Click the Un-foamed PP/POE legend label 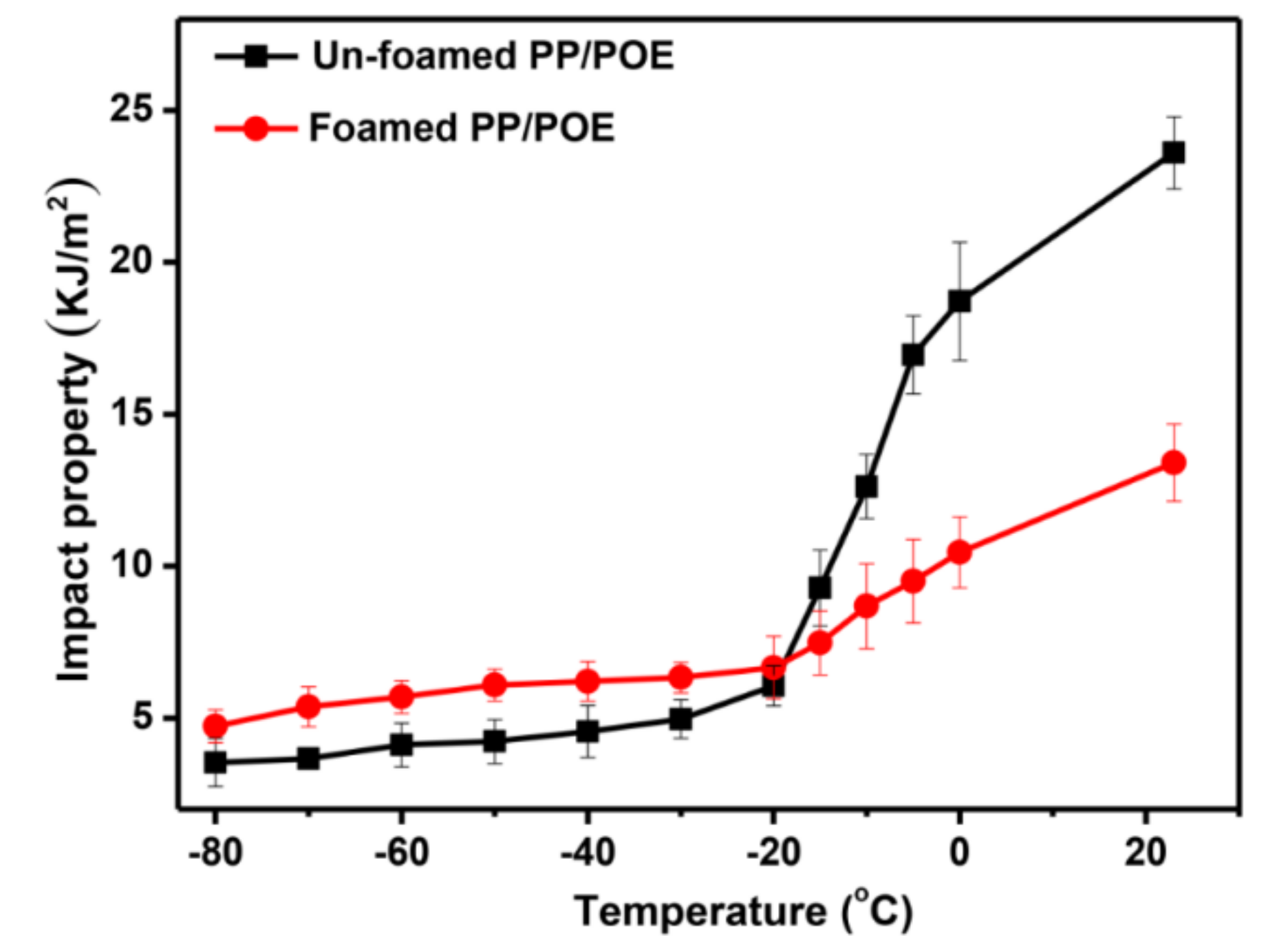pyautogui.click(x=493, y=56)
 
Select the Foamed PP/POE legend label pyautogui.click(x=461, y=128)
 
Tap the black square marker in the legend pyautogui.click(x=256, y=56)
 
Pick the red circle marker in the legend pyautogui.click(x=256, y=128)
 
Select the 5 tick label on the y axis pyautogui.click(x=142, y=718)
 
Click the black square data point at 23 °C pyautogui.click(x=1173, y=153)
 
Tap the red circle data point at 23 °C pyautogui.click(x=1173, y=462)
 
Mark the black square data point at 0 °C pyautogui.click(x=959, y=301)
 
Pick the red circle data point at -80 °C pyautogui.click(x=215, y=726)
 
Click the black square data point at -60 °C pyautogui.click(x=401, y=745)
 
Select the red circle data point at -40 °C pyautogui.click(x=588, y=681)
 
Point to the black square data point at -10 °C pyautogui.click(x=866, y=487)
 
